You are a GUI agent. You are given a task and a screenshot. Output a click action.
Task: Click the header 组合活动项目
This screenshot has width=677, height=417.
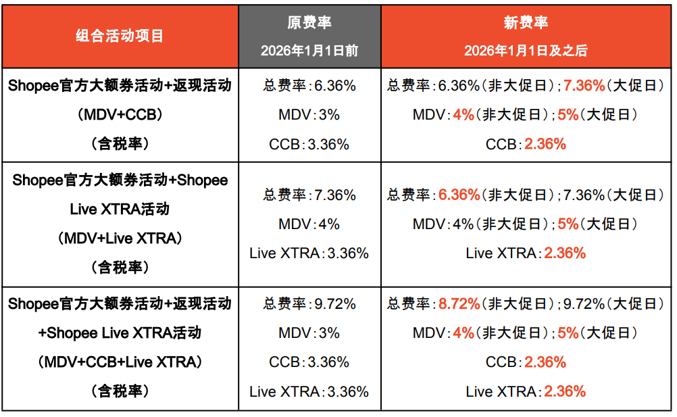[120, 35]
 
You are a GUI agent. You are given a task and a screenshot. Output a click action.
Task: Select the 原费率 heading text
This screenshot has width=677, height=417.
[309, 22]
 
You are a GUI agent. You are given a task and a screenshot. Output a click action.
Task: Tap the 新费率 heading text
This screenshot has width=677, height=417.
[526, 22]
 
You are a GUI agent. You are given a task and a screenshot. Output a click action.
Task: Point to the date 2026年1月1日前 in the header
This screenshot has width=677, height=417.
[309, 51]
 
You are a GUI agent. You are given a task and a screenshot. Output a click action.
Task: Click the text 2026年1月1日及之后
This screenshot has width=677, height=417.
[526, 51]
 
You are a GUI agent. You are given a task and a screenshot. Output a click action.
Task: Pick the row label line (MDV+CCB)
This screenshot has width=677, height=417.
[120, 115]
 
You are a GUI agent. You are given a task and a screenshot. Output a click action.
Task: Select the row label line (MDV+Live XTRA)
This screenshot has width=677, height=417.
[120, 238]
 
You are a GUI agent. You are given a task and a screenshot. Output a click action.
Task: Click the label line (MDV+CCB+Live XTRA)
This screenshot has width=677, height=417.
[120, 362]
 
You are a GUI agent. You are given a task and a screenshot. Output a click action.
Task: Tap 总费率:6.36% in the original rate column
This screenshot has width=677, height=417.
[309, 86]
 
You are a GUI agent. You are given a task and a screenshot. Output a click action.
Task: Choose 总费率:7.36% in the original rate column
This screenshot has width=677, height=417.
[309, 195]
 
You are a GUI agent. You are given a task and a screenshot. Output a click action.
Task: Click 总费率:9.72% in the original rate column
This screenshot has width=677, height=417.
[309, 304]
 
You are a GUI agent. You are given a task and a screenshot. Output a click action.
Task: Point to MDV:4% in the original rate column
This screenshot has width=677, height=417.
[309, 224]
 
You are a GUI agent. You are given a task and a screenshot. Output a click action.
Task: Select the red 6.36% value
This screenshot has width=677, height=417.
[459, 195]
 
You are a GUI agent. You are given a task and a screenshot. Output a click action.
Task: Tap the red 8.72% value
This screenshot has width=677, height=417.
[459, 304]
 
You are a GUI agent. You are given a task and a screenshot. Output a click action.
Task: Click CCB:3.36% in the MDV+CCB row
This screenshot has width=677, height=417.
[309, 144]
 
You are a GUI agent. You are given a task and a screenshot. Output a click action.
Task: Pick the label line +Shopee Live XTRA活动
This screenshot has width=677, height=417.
[120, 333]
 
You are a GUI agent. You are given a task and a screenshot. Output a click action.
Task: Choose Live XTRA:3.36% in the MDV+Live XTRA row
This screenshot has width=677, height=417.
[309, 253]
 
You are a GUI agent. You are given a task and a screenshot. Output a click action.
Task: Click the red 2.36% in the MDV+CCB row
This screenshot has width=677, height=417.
[545, 144]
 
